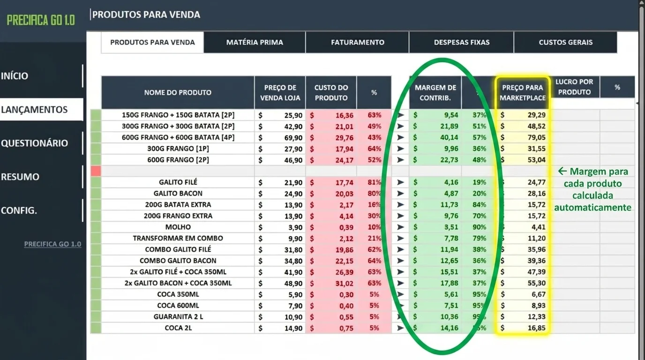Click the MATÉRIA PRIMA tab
[x=255, y=42]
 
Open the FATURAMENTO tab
[x=357, y=42]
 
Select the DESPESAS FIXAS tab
[x=461, y=42]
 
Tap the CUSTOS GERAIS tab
[x=565, y=42]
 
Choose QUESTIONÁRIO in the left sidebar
[x=34, y=143]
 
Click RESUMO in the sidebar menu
[x=20, y=177]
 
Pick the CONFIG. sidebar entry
[x=19, y=210]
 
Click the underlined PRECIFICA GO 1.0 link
[x=52, y=244]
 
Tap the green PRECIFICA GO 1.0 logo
[x=41, y=20]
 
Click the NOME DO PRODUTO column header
[x=178, y=92]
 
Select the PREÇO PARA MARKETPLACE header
[x=522, y=92]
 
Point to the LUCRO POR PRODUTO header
[x=574, y=87]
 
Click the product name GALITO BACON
[x=178, y=193]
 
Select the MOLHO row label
[x=178, y=227]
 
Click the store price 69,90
[x=293, y=137]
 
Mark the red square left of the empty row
[x=96, y=171]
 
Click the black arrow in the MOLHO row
[x=400, y=227]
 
